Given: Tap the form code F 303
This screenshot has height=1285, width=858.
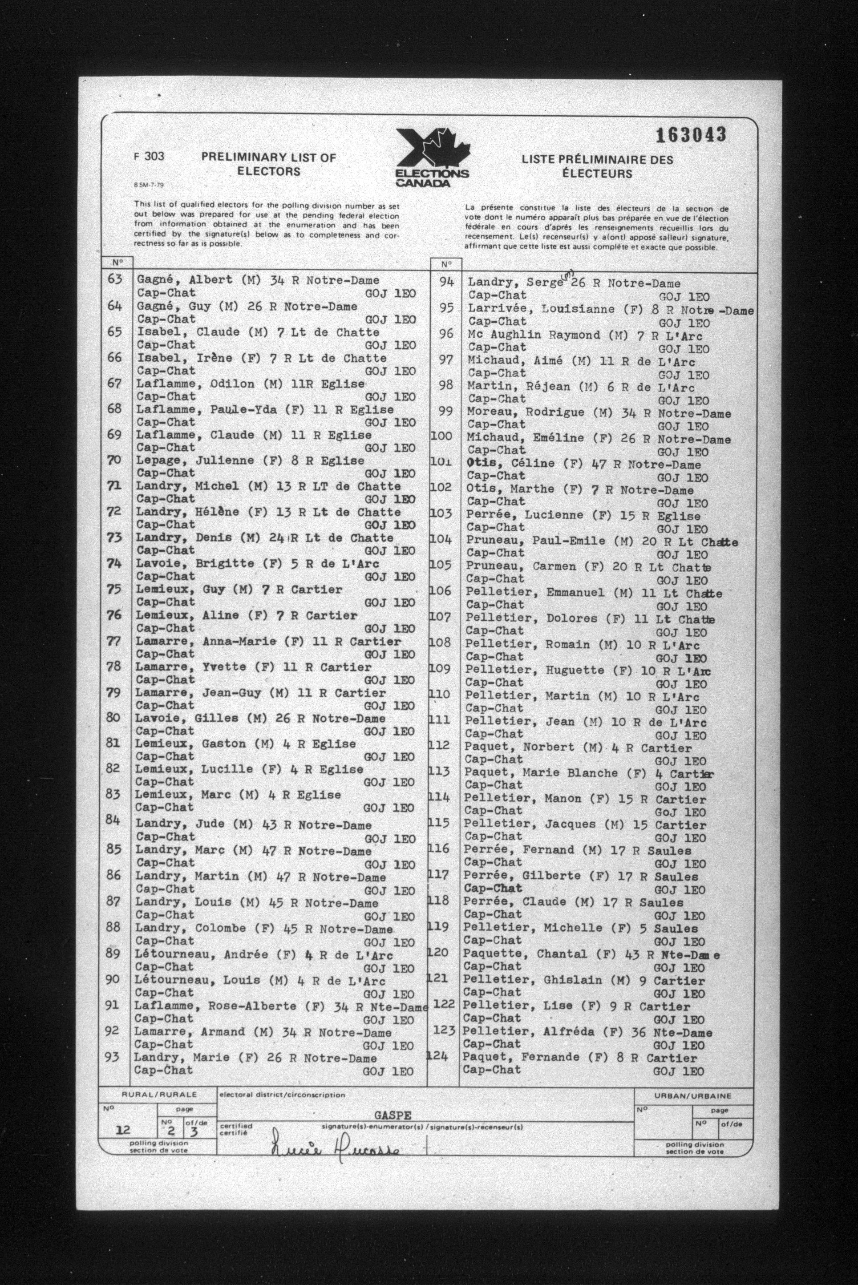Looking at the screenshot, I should coord(149,157).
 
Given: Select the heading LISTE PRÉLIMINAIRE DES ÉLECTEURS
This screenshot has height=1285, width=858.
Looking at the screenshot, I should coord(596,167).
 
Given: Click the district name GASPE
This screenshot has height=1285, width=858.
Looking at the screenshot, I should coord(393,1115).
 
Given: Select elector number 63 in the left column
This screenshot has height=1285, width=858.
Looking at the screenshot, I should coord(115,279).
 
